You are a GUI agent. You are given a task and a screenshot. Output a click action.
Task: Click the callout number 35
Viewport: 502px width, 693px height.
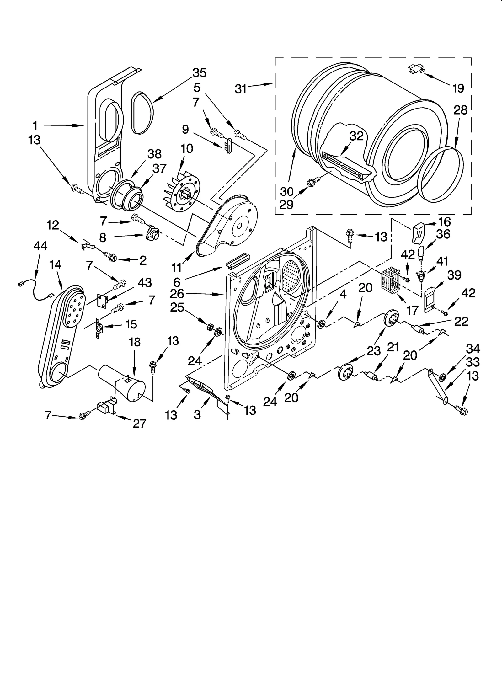click(200, 73)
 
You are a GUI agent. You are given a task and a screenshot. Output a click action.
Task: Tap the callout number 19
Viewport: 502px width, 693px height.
click(458, 89)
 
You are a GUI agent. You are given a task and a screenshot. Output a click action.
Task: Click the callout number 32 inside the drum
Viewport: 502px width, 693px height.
click(356, 136)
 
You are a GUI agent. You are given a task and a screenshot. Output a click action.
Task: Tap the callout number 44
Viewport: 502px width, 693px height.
click(40, 246)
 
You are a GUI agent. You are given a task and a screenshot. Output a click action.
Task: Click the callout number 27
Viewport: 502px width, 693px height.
click(139, 424)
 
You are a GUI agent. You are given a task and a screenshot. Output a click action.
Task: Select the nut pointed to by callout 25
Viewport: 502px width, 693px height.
click(208, 327)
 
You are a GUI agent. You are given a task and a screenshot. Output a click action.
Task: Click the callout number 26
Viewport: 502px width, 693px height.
click(177, 294)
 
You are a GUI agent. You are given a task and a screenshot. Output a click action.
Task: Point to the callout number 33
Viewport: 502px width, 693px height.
click(473, 362)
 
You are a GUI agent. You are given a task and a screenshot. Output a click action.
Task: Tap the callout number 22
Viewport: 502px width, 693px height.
click(461, 322)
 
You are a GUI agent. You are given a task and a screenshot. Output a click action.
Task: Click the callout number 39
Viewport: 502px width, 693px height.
click(454, 275)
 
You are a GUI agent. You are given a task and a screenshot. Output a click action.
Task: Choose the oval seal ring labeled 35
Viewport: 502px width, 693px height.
click(142, 113)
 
